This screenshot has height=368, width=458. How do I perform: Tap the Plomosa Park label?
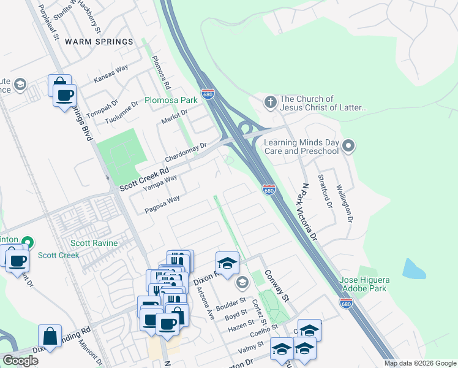[170, 99]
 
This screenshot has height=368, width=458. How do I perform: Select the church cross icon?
[269, 102]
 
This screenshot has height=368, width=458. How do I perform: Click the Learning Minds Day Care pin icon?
[348, 146]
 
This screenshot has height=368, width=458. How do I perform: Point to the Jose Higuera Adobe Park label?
[363, 283]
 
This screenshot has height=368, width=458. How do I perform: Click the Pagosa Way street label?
[162, 204]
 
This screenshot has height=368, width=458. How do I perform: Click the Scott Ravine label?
[94, 243]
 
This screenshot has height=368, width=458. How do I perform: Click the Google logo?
[20, 361]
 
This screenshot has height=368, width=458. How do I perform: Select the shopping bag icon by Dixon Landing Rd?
[50, 336]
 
